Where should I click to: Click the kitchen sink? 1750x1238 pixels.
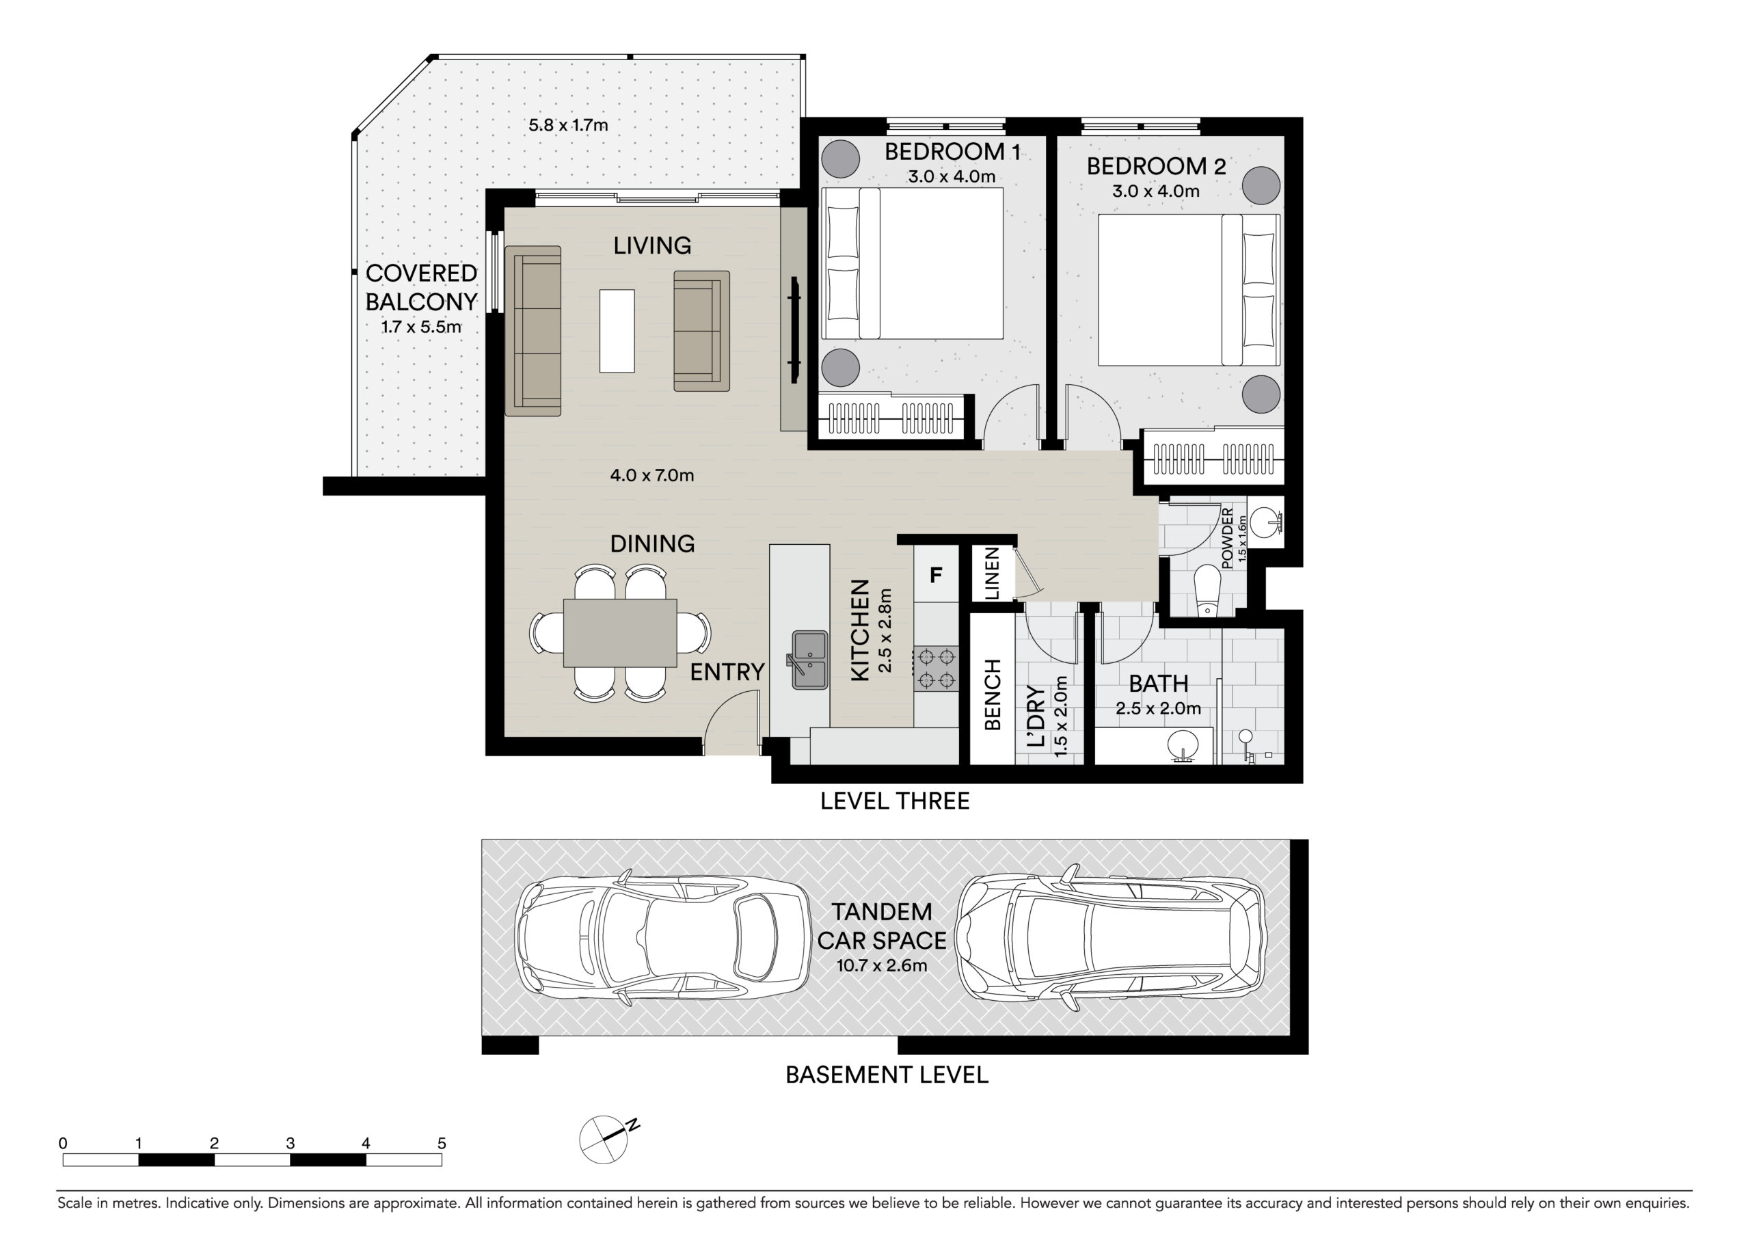pyautogui.click(x=809, y=660)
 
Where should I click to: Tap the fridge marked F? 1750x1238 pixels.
pyautogui.click(x=936, y=574)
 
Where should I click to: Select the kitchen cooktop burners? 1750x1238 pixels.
pyautogui.click(x=937, y=669)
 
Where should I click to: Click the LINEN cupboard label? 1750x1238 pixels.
pyautogui.click(x=992, y=574)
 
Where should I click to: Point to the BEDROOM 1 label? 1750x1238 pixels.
pyautogui.click(x=952, y=152)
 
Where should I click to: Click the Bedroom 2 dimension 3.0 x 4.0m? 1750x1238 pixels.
pyautogui.click(x=1155, y=191)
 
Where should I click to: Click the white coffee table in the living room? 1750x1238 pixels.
pyautogui.click(x=617, y=331)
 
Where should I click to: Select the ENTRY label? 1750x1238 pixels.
pyautogui.click(x=727, y=671)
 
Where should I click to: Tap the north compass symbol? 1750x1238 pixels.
pyautogui.click(x=608, y=1139)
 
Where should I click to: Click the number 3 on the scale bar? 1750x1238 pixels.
pyautogui.click(x=291, y=1143)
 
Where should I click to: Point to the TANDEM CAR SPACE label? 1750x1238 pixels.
pyautogui.click(x=882, y=926)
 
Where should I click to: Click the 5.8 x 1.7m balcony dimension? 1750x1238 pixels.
pyautogui.click(x=569, y=125)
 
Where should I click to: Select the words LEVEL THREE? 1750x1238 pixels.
pyautogui.click(x=895, y=800)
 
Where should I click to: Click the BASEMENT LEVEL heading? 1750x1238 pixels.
pyautogui.click(x=887, y=1074)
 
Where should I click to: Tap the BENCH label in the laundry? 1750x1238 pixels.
pyautogui.click(x=993, y=695)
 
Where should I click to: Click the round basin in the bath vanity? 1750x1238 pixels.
pyautogui.click(x=1182, y=744)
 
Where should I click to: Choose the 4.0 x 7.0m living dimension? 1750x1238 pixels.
pyautogui.click(x=651, y=476)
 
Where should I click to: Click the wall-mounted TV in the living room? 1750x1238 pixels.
pyautogui.click(x=794, y=331)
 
